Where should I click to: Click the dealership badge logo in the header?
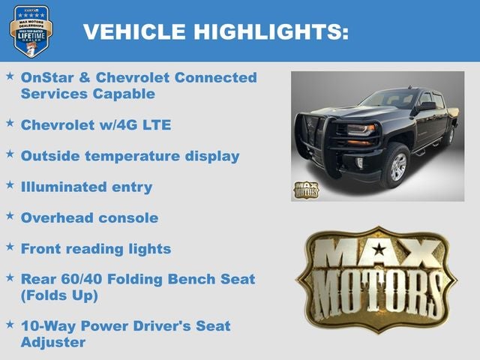coord(31,30)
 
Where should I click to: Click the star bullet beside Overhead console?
coord(10,216)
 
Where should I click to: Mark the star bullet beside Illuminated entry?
coord(10,185)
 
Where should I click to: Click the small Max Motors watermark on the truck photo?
coord(305,189)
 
